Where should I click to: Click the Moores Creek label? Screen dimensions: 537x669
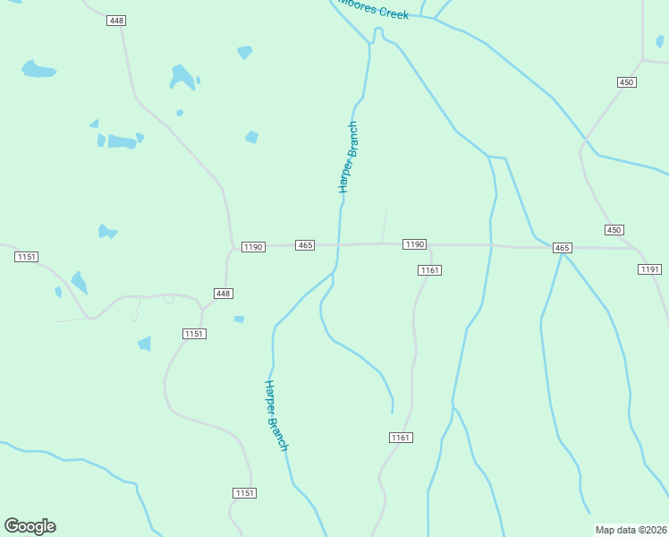click(x=374, y=11)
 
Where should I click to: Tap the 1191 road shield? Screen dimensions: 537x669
click(x=649, y=269)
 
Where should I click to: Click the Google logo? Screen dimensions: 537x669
click(x=30, y=526)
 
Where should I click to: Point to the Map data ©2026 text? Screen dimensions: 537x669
click(x=630, y=530)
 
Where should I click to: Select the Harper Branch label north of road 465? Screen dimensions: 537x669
click(x=348, y=158)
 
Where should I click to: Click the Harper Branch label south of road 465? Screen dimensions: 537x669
click(x=276, y=415)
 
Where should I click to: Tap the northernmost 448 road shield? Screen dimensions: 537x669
click(x=116, y=21)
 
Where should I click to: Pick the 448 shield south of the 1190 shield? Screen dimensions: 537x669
click(x=224, y=294)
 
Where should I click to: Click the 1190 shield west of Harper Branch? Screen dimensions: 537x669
click(x=252, y=246)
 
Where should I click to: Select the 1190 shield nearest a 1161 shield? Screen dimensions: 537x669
click(x=414, y=244)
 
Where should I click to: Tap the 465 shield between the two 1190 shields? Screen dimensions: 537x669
click(x=306, y=245)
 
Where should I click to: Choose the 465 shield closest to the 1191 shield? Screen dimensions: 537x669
click(x=562, y=247)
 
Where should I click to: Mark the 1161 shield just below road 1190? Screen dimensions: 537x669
click(x=430, y=270)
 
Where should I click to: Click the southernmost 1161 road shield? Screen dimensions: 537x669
click(x=401, y=437)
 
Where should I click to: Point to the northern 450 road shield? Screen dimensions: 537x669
click(x=626, y=82)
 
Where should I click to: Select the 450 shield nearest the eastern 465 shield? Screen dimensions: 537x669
click(x=614, y=230)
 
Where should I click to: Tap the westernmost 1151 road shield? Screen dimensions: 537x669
click(x=27, y=257)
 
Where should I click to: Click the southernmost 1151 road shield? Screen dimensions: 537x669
click(x=245, y=493)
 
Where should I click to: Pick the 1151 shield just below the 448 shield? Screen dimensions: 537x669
click(x=195, y=334)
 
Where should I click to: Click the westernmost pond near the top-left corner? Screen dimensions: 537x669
click(x=38, y=69)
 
